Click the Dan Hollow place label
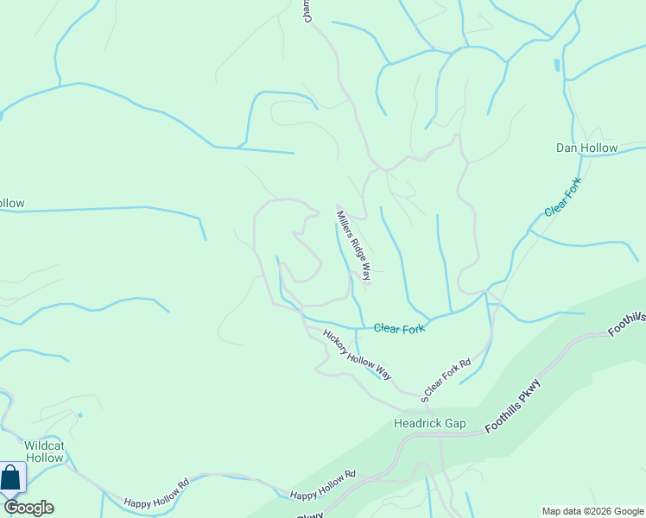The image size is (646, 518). point(586,148)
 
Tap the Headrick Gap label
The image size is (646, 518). point(429,423)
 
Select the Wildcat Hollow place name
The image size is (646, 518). point(44,452)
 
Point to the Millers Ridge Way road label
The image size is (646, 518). point(354,246)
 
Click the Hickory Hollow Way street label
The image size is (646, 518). point(357,354)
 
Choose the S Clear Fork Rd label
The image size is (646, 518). point(446,381)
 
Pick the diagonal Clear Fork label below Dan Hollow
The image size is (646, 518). point(563,198)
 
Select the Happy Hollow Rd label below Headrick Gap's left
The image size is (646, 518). point(322,485)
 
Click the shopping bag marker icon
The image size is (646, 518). point(10,477)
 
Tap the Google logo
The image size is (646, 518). point(28,508)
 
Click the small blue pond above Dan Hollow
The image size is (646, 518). point(556,65)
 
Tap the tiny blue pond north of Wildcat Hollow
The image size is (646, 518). point(79,415)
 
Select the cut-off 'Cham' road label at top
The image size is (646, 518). point(307,11)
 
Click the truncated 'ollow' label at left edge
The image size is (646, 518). point(12,204)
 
